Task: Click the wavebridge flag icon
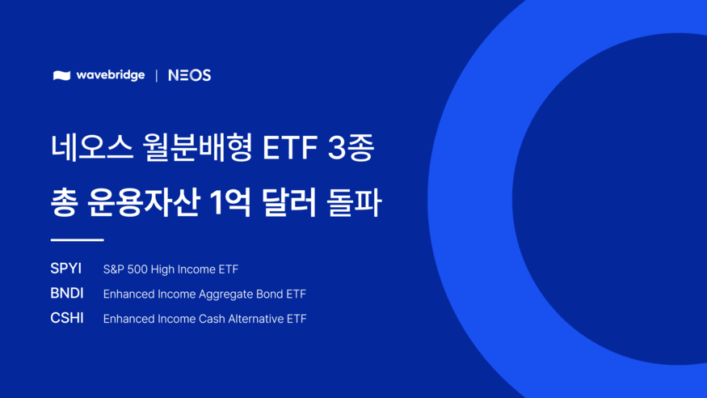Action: (61, 75)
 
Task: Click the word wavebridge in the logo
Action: (111, 75)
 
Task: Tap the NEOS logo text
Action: (189, 75)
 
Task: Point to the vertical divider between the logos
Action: (157, 75)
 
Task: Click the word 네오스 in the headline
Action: (92, 147)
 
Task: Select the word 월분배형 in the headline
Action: (197, 147)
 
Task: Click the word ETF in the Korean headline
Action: (290, 148)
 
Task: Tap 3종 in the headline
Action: (351, 147)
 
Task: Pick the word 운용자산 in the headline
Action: (144, 202)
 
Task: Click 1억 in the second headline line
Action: (230, 202)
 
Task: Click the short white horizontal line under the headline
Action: (77, 240)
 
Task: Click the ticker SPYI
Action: (65, 269)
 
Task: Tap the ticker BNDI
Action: (67, 294)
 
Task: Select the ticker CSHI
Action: (67, 318)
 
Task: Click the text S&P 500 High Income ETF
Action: (170, 269)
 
